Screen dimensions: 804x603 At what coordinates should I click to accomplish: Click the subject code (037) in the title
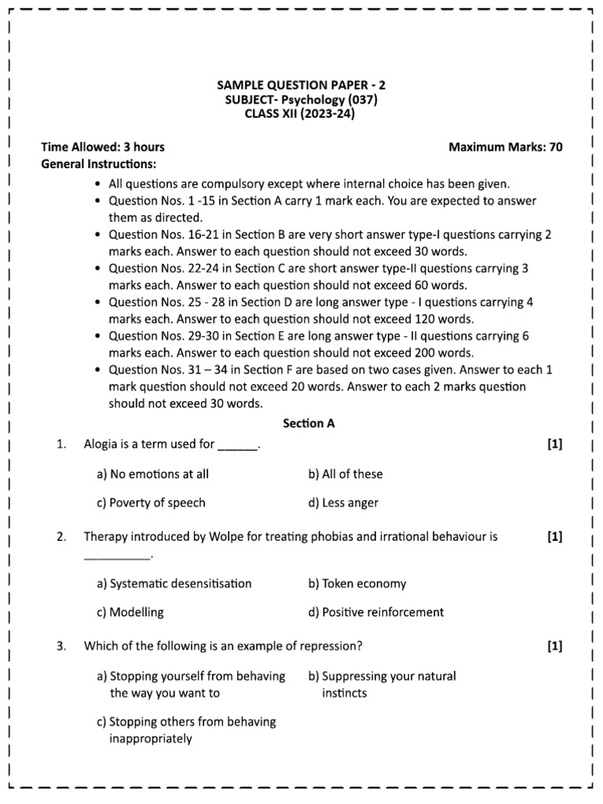(366, 100)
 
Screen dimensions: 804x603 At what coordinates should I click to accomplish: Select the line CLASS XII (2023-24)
(301, 114)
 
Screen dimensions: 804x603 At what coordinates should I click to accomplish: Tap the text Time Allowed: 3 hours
(103, 147)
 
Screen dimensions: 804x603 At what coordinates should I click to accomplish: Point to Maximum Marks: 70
(505, 147)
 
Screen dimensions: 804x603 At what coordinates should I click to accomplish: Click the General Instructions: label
(98, 163)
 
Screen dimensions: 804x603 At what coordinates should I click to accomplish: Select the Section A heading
(309, 423)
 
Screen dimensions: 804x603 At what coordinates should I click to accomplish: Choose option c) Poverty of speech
(151, 502)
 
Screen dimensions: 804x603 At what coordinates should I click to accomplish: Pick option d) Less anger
(343, 502)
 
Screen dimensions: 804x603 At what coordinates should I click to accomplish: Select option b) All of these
(345, 473)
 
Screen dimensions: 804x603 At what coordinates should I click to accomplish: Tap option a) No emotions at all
(152, 473)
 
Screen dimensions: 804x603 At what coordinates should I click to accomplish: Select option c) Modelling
(130, 612)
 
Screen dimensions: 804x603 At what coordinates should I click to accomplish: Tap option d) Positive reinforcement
(376, 612)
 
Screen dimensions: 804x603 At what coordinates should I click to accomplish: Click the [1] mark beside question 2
(554, 537)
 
